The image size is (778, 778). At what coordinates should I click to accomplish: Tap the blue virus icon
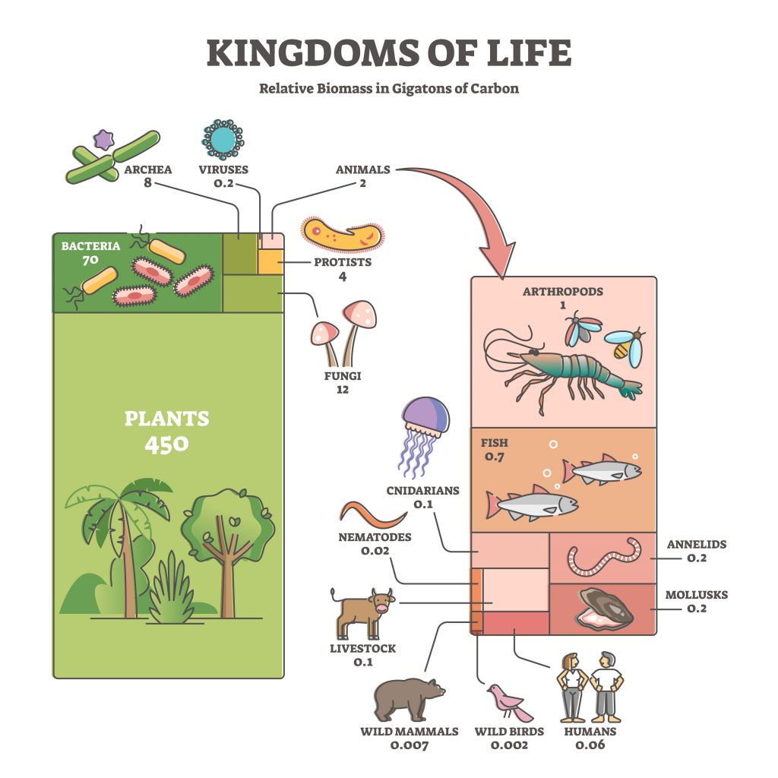tap(223, 140)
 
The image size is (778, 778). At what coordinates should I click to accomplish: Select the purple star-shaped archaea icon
tap(103, 140)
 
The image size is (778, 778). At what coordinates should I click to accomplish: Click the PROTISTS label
tap(343, 262)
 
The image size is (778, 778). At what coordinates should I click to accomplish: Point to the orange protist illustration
tap(343, 235)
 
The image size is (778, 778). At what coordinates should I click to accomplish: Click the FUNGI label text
tap(343, 375)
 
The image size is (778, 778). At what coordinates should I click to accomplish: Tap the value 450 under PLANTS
tap(166, 444)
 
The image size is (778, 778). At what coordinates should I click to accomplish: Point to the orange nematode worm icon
tap(373, 515)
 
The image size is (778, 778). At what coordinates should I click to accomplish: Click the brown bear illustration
tap(409, 700)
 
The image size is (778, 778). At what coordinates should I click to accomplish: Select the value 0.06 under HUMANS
tap(590, 745)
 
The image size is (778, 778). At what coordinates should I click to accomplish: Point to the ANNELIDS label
tap(696, 544)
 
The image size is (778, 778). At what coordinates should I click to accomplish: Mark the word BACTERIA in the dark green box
tap(91, 246)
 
